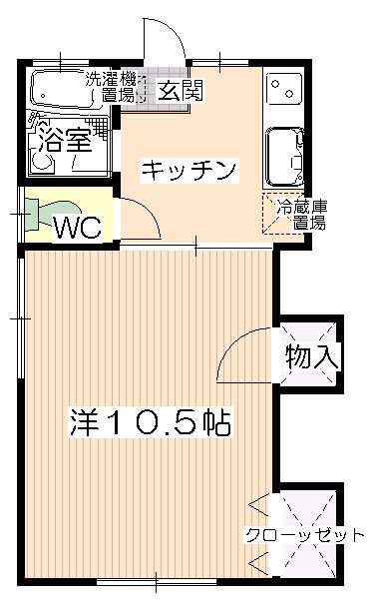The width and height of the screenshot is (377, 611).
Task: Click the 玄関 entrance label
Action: coord(180,91)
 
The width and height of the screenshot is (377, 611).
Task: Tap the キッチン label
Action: coord(189,171)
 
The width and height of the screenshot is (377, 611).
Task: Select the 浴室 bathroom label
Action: coord(66,140)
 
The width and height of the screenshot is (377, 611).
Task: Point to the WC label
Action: coord(78,228)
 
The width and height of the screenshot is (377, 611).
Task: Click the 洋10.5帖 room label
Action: coord(151,422)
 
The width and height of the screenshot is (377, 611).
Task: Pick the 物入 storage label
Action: coord(312,356)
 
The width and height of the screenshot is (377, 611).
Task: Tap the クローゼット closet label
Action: coord(304,535)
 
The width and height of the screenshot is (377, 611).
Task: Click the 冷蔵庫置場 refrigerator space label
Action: coord(302,215)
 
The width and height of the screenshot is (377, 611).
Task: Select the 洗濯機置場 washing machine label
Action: coord(111,87)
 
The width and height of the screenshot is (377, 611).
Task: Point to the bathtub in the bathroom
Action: coord(62,88)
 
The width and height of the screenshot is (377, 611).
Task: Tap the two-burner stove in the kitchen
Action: coord(284,89)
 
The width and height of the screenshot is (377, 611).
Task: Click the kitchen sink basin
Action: coord(284,157)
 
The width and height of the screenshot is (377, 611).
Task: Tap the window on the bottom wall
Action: coord(157,582)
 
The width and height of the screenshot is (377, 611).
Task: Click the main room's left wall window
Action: coord(21,318)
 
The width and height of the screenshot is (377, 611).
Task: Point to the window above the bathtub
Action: coord(61,62)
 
